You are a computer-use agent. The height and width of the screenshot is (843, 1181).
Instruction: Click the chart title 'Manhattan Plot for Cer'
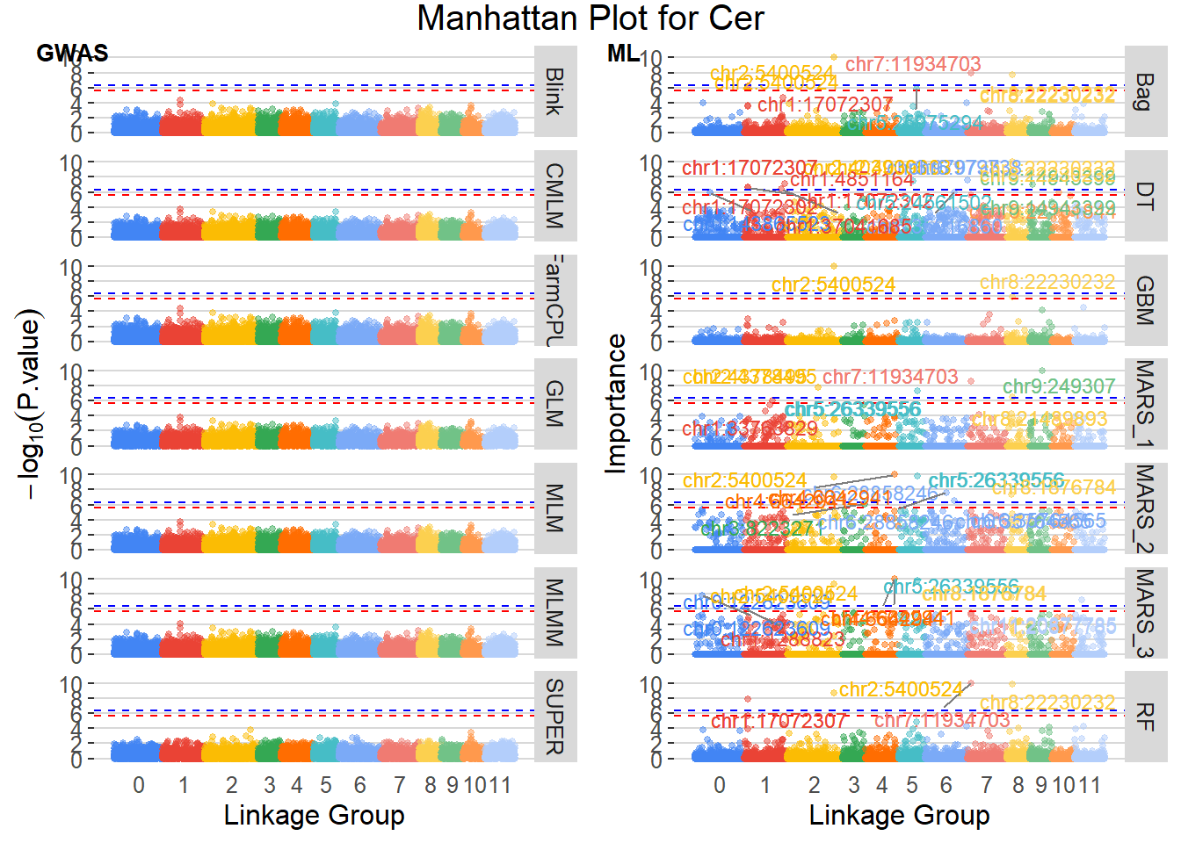(590, 18)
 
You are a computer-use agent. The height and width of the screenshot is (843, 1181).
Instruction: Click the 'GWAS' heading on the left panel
(72, 54)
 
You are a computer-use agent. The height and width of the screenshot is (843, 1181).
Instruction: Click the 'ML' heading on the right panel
(623, 54)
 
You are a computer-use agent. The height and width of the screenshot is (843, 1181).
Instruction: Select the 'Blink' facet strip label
(554, 91)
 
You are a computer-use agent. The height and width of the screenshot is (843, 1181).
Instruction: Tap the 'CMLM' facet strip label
(554, 196)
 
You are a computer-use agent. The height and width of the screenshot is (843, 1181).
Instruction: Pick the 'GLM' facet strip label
(554, 404)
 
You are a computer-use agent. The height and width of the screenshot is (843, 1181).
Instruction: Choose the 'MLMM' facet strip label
(554, 612)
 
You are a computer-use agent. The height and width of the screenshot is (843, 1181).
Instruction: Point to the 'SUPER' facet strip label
(554, 717)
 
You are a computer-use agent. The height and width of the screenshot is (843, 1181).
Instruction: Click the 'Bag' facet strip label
(1145, 91)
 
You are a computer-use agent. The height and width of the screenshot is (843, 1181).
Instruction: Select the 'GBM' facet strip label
(1145, 300)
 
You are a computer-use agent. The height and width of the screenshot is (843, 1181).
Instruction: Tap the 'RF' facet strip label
(1145, 717)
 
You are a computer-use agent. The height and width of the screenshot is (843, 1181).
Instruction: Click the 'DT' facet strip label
(1145, 196)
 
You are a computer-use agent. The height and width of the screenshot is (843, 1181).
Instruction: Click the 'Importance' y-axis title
(617, 404)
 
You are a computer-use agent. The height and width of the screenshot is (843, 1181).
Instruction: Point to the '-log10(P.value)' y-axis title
(30, 404)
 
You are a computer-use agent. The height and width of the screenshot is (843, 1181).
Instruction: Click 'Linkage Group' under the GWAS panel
(314, 815)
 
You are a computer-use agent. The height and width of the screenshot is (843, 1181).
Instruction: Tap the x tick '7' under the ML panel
(986, 785)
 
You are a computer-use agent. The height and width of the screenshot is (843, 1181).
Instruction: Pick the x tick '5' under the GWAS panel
(326, 785)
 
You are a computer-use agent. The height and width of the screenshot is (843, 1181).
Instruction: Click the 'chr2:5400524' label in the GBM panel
(833, 285)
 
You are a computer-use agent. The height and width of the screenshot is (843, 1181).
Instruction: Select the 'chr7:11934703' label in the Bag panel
(913, 64)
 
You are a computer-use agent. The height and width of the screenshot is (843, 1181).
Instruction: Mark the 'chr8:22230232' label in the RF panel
(1047, 702)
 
